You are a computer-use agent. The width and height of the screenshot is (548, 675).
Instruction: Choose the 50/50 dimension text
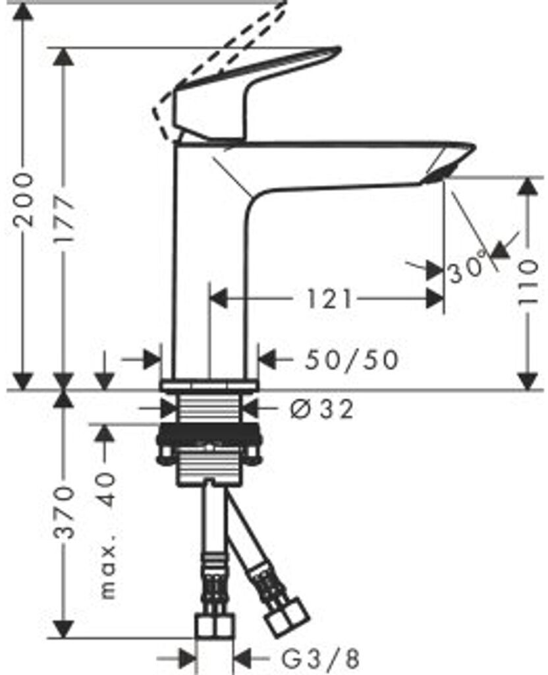(352, 360)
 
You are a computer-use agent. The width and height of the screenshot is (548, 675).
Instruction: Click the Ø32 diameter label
(321, 409)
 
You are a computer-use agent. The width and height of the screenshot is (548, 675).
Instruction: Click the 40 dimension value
(107, 488)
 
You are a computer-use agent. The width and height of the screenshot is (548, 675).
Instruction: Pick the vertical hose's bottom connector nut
(215, 627)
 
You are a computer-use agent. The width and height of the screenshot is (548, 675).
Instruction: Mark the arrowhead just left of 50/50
(267, 360)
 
